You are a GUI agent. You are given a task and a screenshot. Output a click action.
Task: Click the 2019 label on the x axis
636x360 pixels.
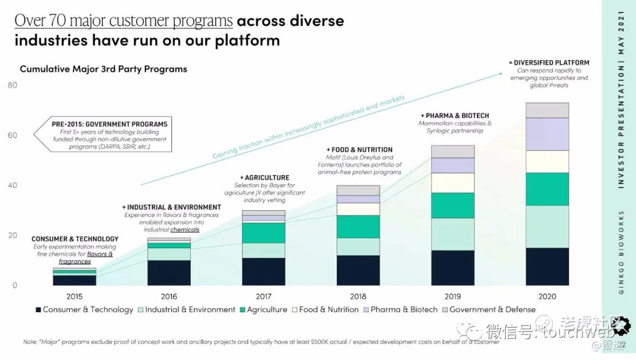tap(452, 296)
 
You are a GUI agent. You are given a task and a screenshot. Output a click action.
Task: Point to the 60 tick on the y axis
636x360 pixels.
tap(13, 136)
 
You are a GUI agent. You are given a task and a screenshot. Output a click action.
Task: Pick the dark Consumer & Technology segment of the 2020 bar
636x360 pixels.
tap(547, 266)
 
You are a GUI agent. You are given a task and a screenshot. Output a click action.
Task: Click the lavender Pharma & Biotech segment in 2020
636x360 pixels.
tap(547, 134)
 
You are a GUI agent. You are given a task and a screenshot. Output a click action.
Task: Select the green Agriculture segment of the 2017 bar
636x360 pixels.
tap(263, 233)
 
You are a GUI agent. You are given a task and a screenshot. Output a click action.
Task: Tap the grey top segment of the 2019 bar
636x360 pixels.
tap(452, 151)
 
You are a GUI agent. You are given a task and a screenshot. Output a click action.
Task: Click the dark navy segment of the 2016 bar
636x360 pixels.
tap(169, 273)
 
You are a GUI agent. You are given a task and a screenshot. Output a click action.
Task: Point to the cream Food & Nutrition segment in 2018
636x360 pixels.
tap(358, 209)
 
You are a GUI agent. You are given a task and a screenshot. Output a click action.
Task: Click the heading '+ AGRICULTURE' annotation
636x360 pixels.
tap(264, 177)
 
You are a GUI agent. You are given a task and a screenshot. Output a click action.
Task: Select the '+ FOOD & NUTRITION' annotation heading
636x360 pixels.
tap(359, 150)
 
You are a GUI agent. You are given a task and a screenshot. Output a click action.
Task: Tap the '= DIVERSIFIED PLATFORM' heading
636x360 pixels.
tap(549, 62)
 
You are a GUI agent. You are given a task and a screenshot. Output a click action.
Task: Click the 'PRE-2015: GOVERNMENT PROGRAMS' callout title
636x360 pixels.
tap(110, 124)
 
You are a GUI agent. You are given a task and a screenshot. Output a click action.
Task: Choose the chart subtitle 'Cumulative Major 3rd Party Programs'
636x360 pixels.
tap(104, 69)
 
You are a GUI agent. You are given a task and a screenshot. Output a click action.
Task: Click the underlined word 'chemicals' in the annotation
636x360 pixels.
tap(185, 230)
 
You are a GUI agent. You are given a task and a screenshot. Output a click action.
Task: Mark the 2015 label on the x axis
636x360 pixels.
tap(74, 296)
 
